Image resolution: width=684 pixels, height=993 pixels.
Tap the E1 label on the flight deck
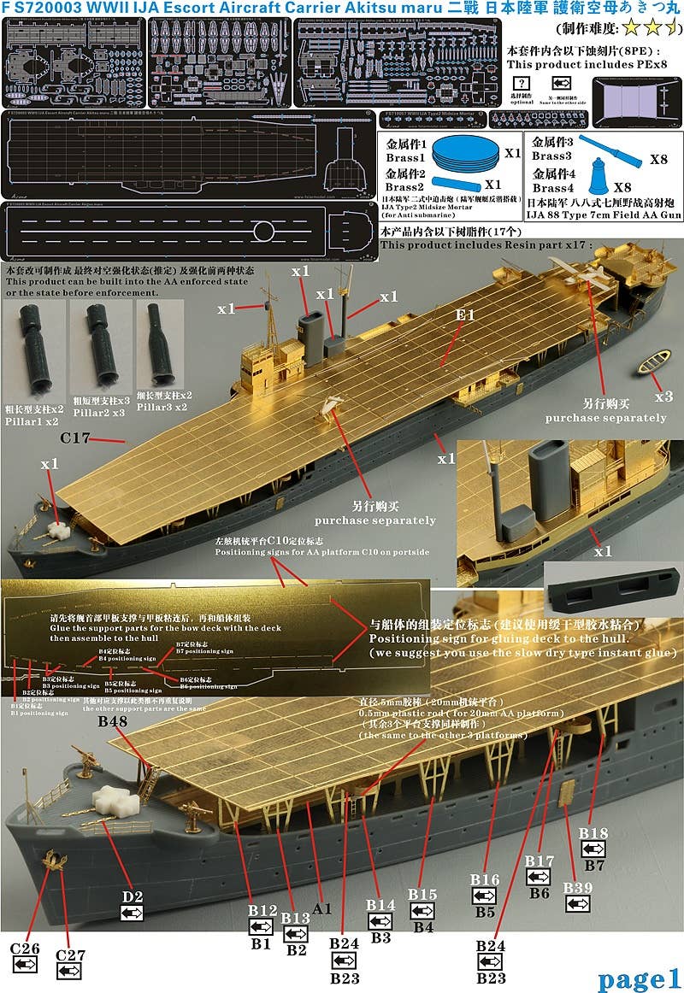(x=464, y=315)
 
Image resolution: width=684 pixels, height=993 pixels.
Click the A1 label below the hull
(x=321, y=909)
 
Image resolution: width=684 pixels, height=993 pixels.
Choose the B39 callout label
(x=577, y=889)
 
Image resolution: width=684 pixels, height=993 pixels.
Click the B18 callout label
(x=593, y=833)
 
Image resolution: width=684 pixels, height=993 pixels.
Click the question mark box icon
(x=519, y=83)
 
